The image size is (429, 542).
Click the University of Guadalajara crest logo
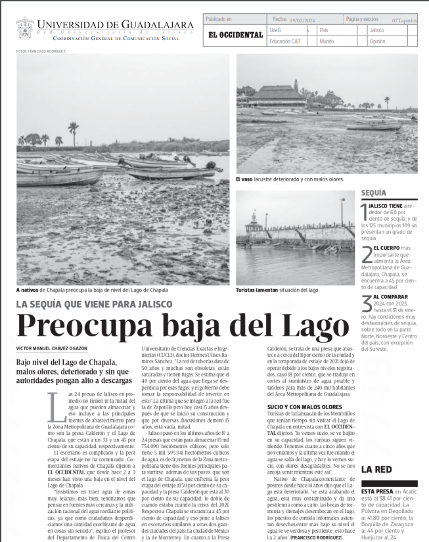[24, 28]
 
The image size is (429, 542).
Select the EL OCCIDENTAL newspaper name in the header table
[235, 35]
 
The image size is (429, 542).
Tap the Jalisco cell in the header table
[377, 30]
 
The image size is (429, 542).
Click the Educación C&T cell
[285, 41]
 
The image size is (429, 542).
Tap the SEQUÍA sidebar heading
[374, 193]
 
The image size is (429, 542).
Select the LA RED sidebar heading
[376, 469]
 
